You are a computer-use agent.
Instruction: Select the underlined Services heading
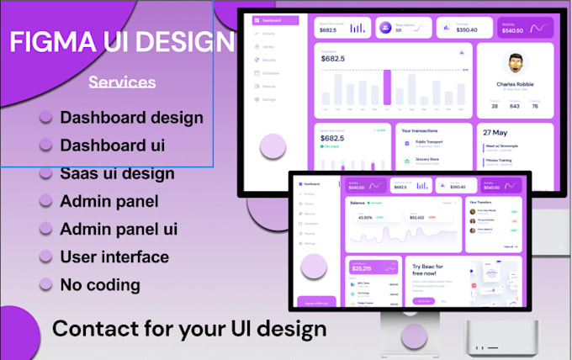122,82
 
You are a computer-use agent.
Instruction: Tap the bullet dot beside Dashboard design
45,118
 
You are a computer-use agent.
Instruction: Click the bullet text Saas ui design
117,174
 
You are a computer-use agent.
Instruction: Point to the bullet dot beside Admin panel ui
45,229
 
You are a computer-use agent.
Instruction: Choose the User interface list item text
114,257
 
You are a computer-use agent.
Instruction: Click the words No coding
100,284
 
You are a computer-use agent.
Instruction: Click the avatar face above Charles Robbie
516,65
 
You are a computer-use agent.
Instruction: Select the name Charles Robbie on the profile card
516,84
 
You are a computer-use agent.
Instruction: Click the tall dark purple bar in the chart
387,87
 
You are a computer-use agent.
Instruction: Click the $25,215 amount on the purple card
362,268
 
